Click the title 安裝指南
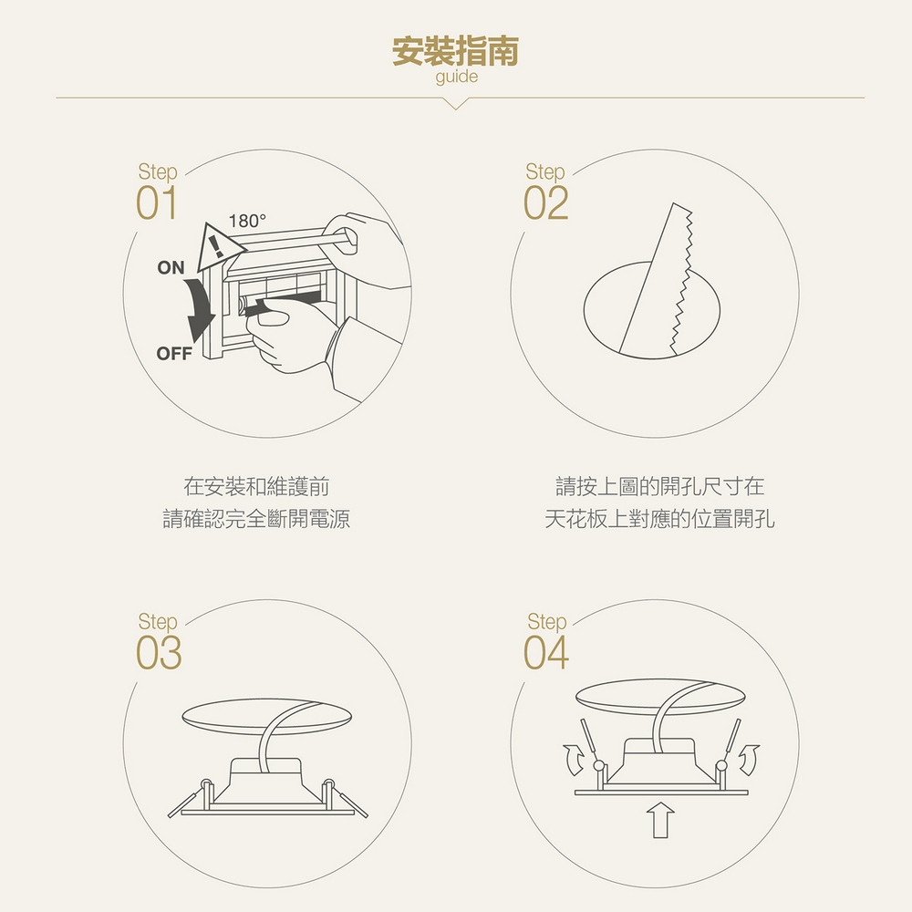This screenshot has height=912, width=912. [x=455, y=51]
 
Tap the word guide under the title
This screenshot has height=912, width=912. [x=457, y=77]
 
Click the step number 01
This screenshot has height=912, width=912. [x=157, y=203]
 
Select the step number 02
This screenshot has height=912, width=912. [x=545, y=203]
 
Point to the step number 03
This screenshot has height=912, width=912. [x=159, y=653]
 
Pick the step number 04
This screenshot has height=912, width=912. [x=546, y=653]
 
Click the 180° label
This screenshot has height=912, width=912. [x=247, y=221]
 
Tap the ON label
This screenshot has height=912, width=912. [x=171, y=267]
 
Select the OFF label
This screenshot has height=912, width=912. [x=174, y=353]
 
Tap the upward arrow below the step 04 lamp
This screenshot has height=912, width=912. [x=660, y=820]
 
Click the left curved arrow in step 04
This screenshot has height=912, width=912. [x=573, y=759]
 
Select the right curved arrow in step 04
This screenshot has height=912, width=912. [x=750, y=759]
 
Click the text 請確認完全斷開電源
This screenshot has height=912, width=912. [x=256, y=518]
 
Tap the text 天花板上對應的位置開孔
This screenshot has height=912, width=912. [x=659, y=518]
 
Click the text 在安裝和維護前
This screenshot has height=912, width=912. [x=256, y=486]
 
